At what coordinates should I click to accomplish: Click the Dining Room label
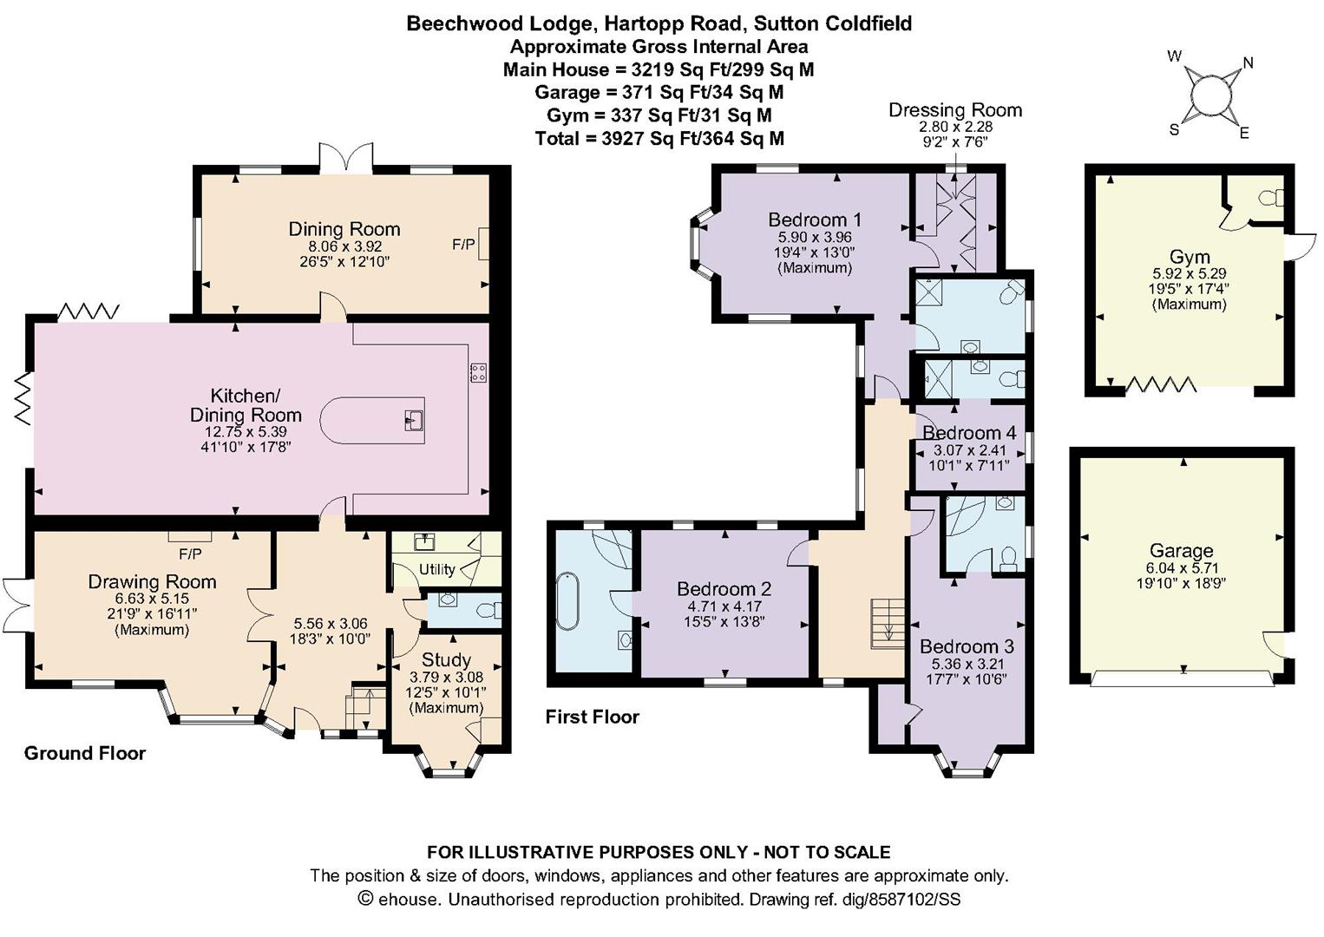point(344,229)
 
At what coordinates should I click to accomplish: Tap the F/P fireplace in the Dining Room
point(483,244)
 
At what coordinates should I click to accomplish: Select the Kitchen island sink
point(414,422)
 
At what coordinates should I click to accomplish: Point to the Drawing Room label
point(152,581)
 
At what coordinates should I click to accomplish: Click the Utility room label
point(436,569)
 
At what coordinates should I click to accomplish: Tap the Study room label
point(446,660)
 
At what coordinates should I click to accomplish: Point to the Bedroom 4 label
point(968,432)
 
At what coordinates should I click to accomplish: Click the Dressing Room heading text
point(954,110)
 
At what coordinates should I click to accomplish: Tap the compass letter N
point(1248,62)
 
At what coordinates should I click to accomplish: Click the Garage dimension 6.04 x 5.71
point(1180,568)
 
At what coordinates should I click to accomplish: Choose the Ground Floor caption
point(84,753)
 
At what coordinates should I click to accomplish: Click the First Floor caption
point(592,717)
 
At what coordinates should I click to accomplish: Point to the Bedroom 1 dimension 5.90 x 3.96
point(814,237)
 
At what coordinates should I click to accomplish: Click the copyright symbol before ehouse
point(365,899)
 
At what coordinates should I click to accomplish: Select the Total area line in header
point(659,138)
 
